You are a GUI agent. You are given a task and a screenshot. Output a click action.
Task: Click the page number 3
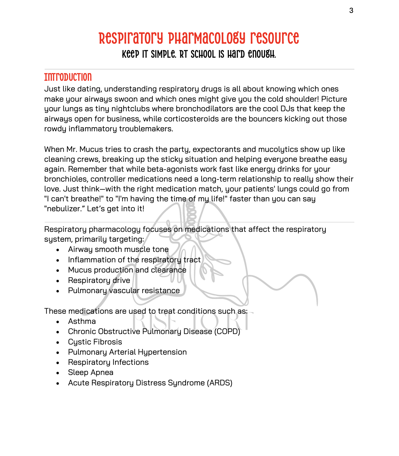pyautogui.click(x=351, y=10)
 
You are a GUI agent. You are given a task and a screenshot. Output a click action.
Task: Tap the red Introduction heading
pyautogui.click(x=68, y=77)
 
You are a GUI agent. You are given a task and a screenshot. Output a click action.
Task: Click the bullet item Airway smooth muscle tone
pyautogui.click(x=118, y=249)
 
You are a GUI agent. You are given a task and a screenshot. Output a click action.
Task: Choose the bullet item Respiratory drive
pyautogui.click(x=99, y=280)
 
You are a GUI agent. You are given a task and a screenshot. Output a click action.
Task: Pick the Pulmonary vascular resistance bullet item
pyautogui.click(x=124, y=291)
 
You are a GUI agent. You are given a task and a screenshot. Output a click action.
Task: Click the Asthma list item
pyautogui.click(x=82, y=321)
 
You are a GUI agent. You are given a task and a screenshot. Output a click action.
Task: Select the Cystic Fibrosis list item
pyautogui.click(x=95, y=342)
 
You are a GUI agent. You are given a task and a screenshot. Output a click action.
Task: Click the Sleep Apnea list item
pyautogui.click(x=91, y=372)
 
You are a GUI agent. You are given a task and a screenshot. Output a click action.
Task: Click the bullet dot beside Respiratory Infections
pyautogui.click(x=58, y=363)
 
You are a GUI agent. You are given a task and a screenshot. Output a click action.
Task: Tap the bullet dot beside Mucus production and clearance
pyautogui.click(x=58, y=271)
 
